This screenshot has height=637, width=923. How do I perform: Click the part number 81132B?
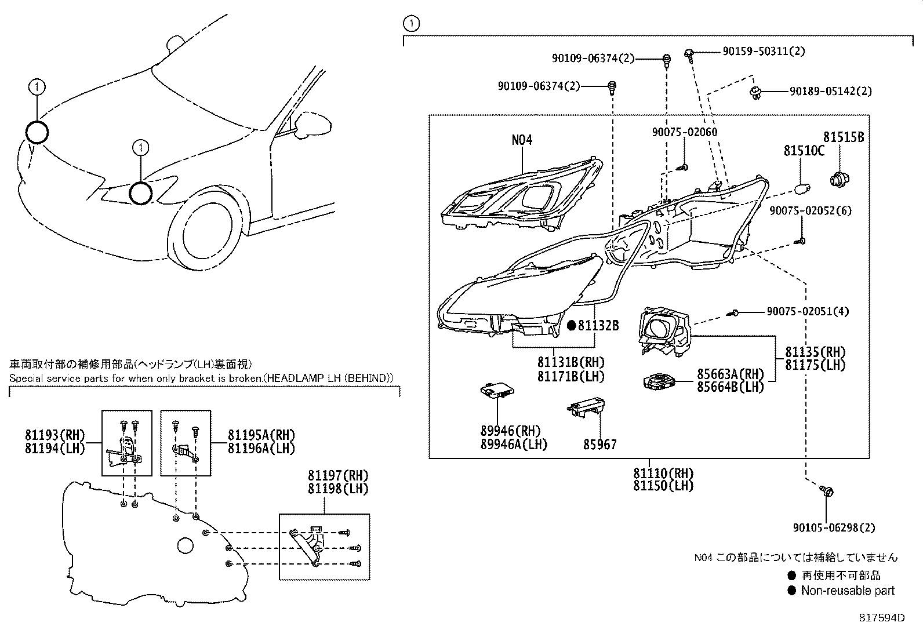pyautogui.click(x=598, y=326)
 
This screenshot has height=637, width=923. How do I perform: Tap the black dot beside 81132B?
pyautogui.click(x=571, y=326)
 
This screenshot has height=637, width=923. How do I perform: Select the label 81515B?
pyautogui.click(x=844, y=137)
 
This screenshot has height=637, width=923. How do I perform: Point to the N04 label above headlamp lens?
pyautogui.click(x=522, y=140)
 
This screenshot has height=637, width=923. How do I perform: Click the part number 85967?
pyautogui.click(x=600, y=445)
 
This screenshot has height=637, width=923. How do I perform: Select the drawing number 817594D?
pyautogui.click(x=882, y=618)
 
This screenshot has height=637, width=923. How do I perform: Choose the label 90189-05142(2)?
pyautogui.click(x=830, y=91)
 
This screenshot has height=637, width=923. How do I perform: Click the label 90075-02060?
pyautogui.click(x=684, y=132)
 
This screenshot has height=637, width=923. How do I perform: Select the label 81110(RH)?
pyautogui.click(x=663, y=473)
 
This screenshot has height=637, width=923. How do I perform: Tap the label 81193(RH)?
pyautogui.click(x=54, y=435)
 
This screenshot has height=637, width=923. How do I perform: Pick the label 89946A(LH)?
pyautogui.click(x=514, y=444)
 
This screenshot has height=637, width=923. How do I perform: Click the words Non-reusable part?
pyautogui.click(x=848, y=591)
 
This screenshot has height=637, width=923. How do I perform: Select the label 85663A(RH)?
pyautogui.click(x=731, y=374)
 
